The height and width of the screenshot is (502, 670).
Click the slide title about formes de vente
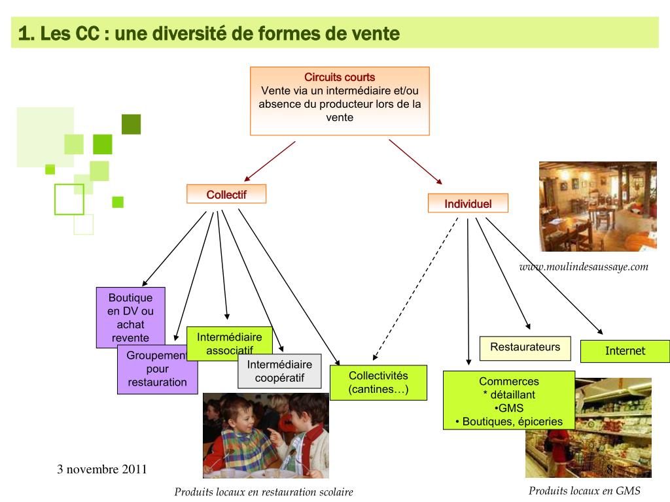coord(209,33)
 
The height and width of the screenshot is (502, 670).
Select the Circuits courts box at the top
coord(340,101)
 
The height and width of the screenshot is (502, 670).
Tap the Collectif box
coord(226,194)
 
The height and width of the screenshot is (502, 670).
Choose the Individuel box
coord(468,203)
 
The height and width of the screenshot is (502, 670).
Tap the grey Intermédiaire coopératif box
coord(279,371)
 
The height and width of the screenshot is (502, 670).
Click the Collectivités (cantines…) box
coord(378,382)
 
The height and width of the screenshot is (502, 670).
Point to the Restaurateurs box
coord(525,348)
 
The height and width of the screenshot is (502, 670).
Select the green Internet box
coord(625,351)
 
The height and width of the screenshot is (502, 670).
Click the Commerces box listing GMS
coord(508,401)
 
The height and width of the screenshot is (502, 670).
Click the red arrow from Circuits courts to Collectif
coord(270,161)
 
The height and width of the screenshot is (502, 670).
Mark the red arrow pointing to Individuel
coord(416,161)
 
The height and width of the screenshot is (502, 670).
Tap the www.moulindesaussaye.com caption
coord(584,266)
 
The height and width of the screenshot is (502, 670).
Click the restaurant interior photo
coord(597,206)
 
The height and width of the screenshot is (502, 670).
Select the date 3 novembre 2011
coord(102,469)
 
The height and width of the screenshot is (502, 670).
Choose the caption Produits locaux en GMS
coord(584,491)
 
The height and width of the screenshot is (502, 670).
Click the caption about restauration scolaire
coord(264,492)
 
